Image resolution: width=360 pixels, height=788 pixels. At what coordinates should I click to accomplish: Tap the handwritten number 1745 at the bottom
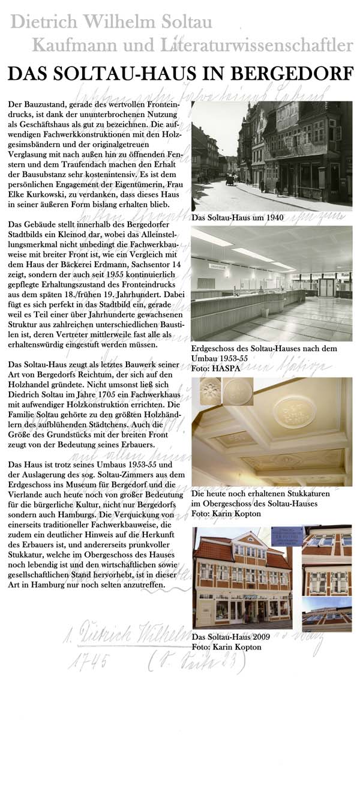pos(88,661)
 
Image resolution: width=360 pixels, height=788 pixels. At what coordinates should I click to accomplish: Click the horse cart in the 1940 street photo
pos(230,179)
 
